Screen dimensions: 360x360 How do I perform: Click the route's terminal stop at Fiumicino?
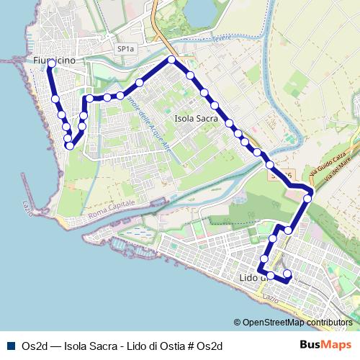coord(51,64)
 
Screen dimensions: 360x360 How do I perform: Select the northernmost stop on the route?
coord(171,60)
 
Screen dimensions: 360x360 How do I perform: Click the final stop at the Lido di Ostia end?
coord(287,273)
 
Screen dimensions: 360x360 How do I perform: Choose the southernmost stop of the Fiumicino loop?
coord(70,145)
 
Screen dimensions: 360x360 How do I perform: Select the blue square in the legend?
coord(9,346)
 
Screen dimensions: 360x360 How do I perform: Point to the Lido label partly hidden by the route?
coord(251,277)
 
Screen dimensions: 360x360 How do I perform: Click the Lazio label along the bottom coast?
coord(270,296)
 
